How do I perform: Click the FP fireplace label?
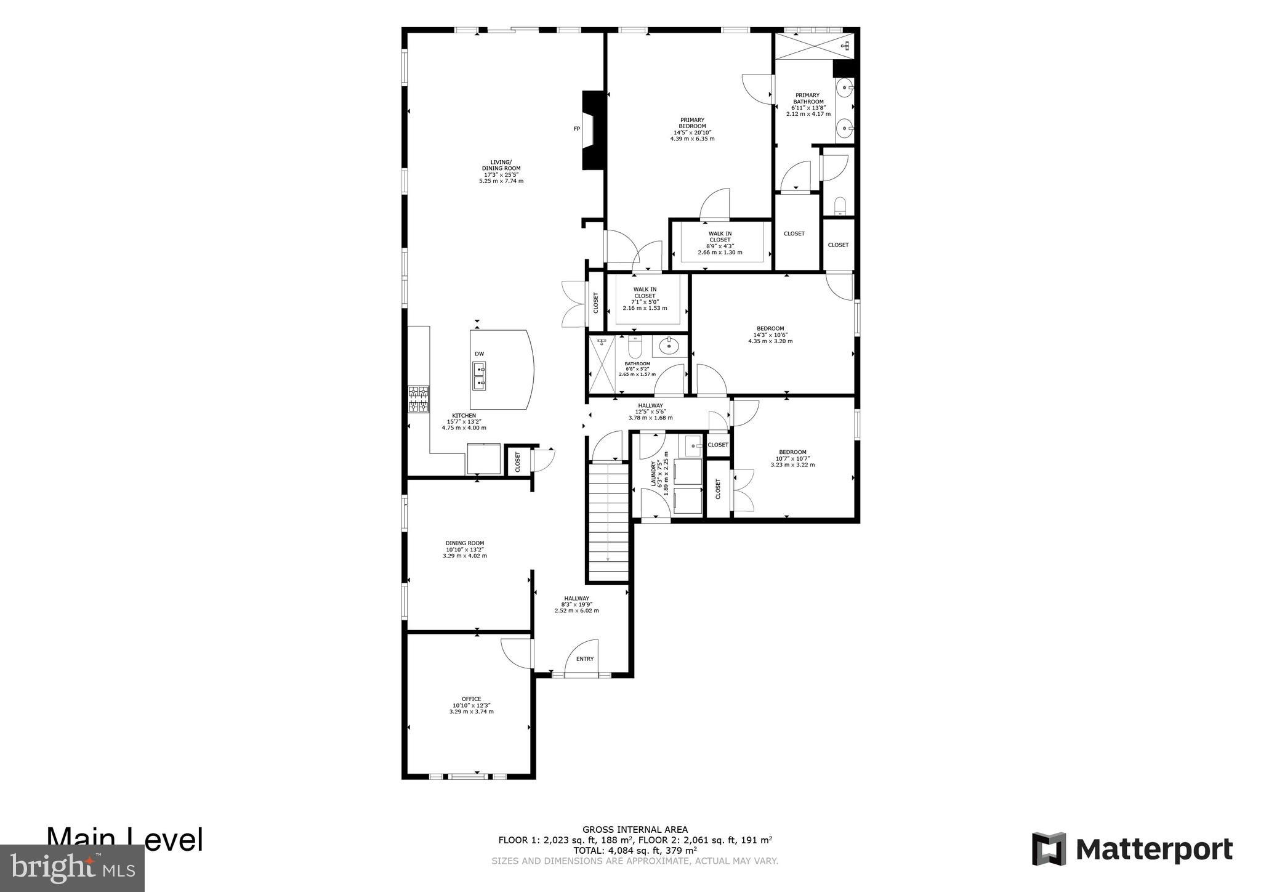[x=577, y=129]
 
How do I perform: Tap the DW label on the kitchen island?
[x=479, y=354]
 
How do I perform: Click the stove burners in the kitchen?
[x=419, y=399]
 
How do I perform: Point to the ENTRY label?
[x=584, y=659]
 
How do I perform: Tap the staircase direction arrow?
[x=608, y=558]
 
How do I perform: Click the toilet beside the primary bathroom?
[x=839, y=205]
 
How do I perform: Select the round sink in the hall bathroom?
[x=667, y=347]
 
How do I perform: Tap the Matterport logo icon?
[x=1049, y=849]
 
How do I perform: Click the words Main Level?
[x=125, y=840]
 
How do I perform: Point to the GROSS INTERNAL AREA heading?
[x=635, y=829]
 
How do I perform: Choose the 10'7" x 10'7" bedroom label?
[x=792, y=458]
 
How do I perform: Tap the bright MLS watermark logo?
[x=72, y=868]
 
